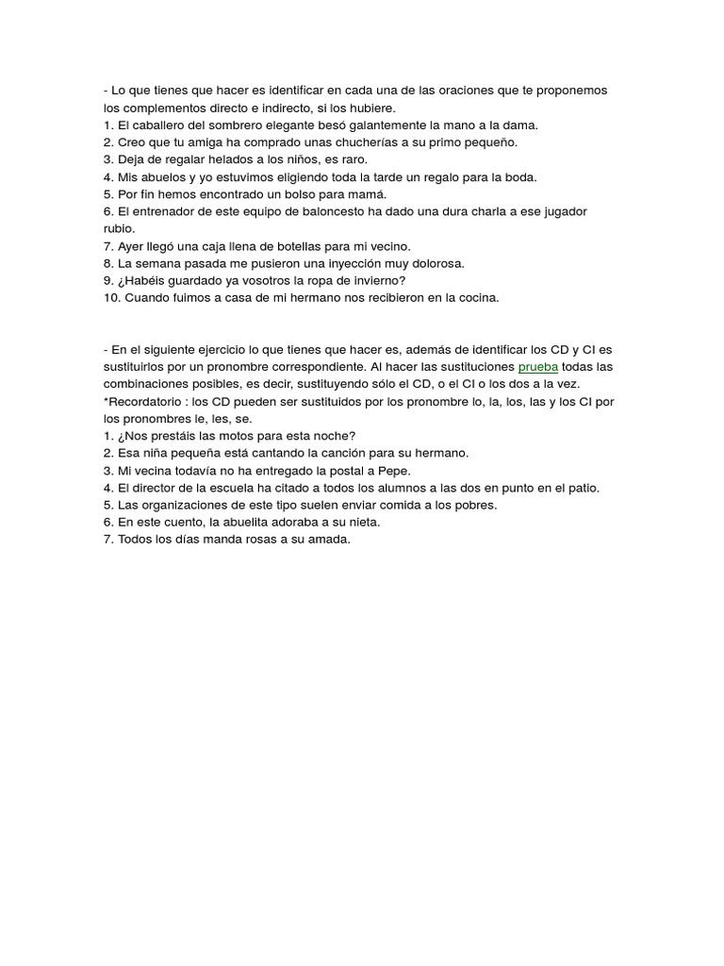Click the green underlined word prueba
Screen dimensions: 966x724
[538, 366]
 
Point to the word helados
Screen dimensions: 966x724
[222, 159]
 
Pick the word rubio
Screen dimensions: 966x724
[119, 228]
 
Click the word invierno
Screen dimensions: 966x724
[374, 280]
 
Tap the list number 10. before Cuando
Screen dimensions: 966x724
[112, 297]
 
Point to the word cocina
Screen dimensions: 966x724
[477, 297]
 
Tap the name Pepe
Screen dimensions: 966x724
[394, 470]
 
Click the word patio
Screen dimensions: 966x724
[583, 488]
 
